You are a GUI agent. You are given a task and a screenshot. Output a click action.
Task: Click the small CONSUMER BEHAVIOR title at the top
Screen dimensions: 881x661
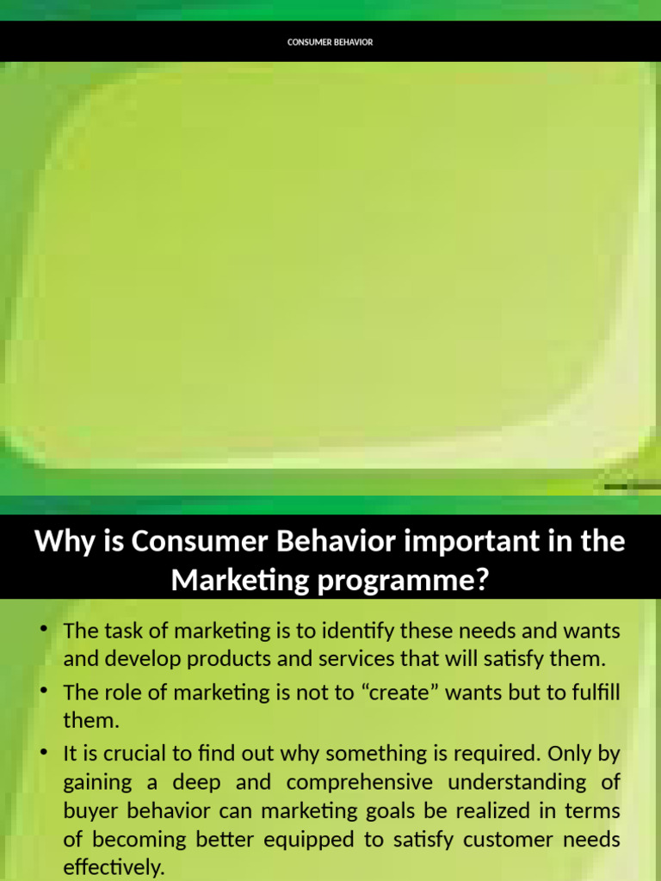tap(330, 42)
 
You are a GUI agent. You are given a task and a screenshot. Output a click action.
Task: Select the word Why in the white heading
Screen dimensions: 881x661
tap(58, 543)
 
